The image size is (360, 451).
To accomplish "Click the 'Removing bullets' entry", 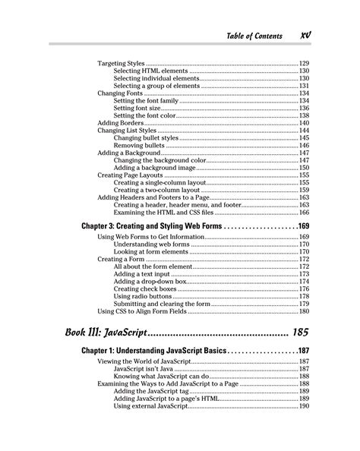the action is pyautogui.click(x=141, y=144).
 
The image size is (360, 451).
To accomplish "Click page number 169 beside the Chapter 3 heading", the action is pyautogui.click(x=304, y=226).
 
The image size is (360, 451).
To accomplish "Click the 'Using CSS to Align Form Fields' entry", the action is pyautogui.click(x=150, y=311).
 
